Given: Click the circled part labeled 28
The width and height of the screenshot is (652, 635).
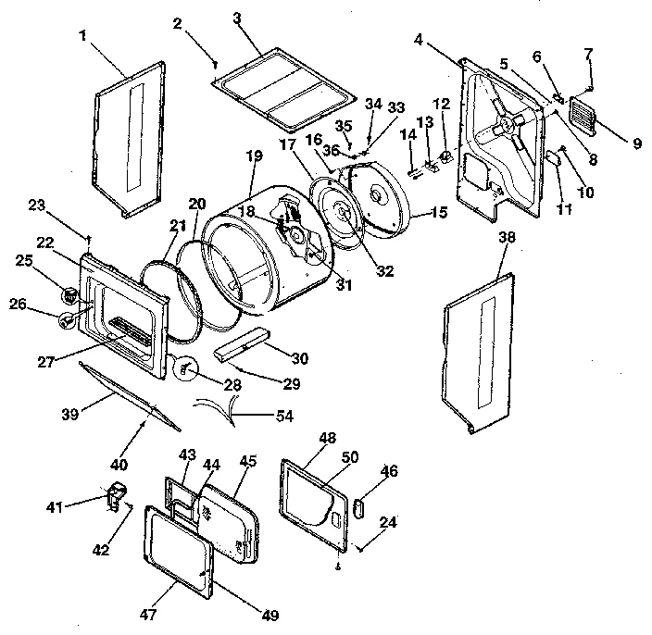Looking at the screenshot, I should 185,368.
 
